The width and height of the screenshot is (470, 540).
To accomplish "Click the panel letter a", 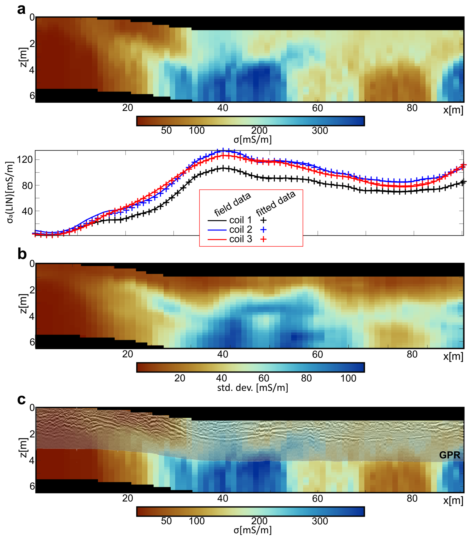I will pyautogui.click(x=22, y=10).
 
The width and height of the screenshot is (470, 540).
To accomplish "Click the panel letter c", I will pyautogui.click(x=22, y=399).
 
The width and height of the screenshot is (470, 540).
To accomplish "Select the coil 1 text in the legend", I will pyautogui.click(x=240, y=220).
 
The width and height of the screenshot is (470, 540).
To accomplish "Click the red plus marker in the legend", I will pyautogui.click(x=263, y=239).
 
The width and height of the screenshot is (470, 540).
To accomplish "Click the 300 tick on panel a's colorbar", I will pyautogui.click(x=320, y=131).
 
